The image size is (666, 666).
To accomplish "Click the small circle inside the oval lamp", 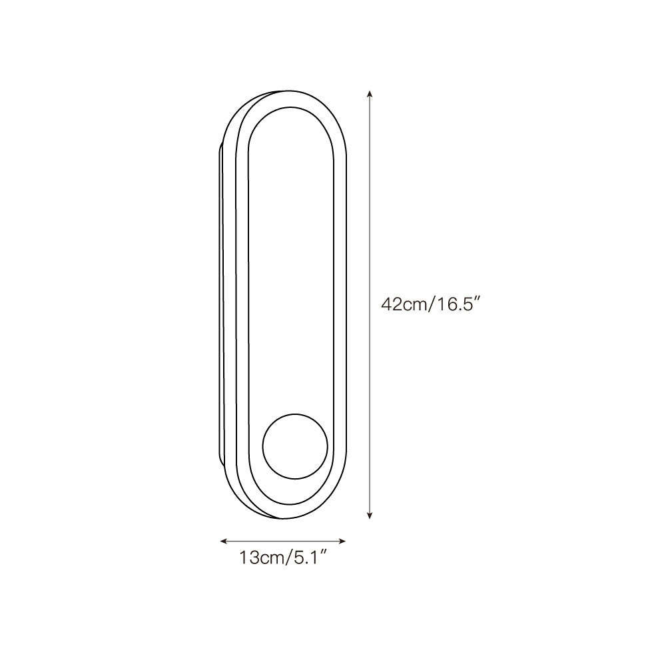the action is pyautogui.click(x=295, y=446).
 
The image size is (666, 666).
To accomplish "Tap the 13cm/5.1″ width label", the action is pyautogui.click(x=283, y=557).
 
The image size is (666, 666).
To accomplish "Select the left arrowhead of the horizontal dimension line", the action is pyautogui.click(x=223, y=541).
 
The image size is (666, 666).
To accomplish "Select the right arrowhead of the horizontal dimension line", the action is pyautogui.click(x=342, y=541).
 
